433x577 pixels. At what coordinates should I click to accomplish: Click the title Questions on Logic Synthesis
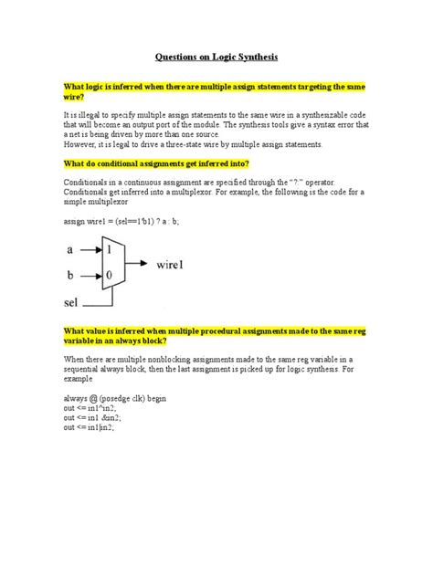[x=216, y=55]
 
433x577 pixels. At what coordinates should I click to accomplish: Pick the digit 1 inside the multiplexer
[x=111, y=248]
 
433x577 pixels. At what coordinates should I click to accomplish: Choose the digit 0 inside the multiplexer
[x=111, y=273]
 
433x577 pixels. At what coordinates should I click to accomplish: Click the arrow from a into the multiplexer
[x=91, y=248]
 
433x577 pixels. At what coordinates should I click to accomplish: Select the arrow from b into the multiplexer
[x=91, y=273]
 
